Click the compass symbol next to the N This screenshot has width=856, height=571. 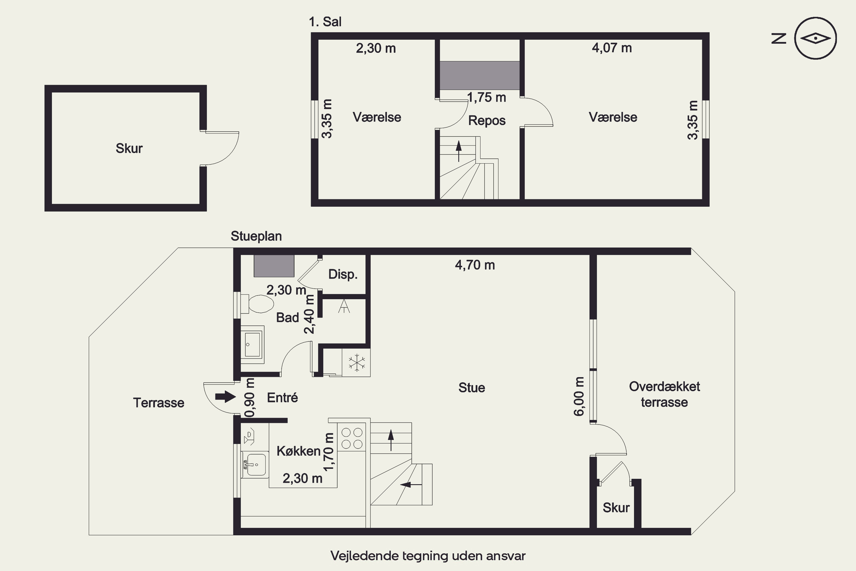(x=815, y=38)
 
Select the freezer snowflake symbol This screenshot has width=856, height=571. (x=356, y=363)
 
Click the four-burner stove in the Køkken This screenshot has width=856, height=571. (x=352, y=438)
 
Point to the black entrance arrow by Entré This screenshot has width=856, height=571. (x=226, y=396)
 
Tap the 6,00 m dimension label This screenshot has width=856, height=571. (x=579, y=396)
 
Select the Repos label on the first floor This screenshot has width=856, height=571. (x=486, y=120)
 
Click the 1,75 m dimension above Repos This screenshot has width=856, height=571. (x=486, y=97)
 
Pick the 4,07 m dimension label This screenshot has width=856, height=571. (x=612, y=48)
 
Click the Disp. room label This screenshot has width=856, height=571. (x=343, y=274)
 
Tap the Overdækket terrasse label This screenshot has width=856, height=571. (x=664, y=394)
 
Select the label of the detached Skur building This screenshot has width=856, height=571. (x=129, y=148)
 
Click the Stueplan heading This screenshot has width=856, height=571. (x=256, y=236)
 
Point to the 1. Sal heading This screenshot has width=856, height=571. (x=325, y=22)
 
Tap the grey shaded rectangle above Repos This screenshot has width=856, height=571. (x=480, y=75)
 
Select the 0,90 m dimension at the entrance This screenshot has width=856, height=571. (x=250, y=397)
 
